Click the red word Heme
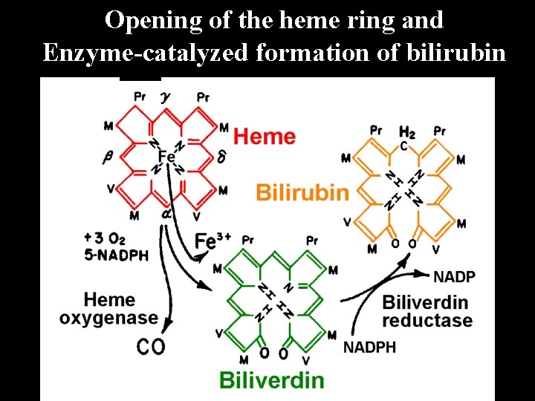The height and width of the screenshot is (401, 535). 265,137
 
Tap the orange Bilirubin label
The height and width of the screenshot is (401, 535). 302,193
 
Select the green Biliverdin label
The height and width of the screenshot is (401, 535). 271,380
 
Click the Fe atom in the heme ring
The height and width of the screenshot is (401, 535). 166,157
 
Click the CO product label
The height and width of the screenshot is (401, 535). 151,346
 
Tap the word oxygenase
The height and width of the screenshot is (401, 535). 108,319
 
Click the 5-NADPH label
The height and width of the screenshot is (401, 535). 116,255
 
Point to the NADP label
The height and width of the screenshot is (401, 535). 454,276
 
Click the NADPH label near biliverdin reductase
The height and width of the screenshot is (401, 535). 369,347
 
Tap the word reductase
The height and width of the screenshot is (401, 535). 427,321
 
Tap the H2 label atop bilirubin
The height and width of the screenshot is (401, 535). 406,132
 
